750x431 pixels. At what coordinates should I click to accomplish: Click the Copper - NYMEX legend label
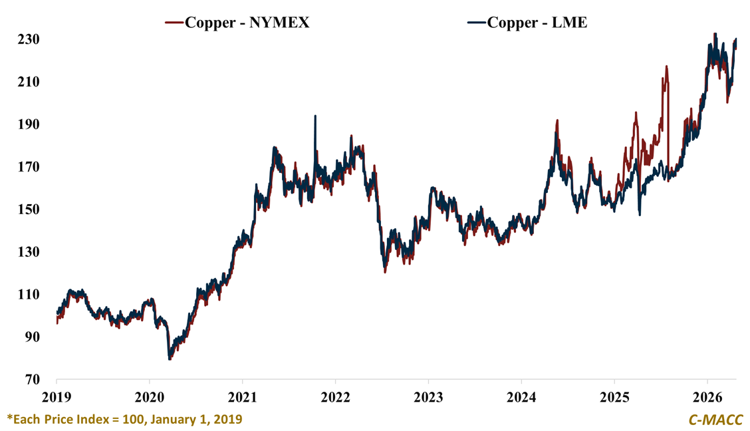point(247,23)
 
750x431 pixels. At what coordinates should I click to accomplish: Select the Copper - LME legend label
point(537,23)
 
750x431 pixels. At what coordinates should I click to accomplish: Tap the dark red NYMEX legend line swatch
point(174,23)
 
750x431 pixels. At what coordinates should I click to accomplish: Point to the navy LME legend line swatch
point(477,23)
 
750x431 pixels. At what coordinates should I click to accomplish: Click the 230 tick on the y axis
point(29,39)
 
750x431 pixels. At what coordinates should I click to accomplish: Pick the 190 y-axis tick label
point(29,124)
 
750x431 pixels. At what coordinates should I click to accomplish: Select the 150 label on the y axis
point(29,210)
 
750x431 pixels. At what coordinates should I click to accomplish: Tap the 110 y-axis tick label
point(29,295)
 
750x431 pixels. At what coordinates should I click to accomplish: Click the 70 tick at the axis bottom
point(33,380)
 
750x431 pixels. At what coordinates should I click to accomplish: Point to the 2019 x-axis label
point(57,397)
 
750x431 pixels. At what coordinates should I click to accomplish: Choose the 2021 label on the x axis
point(243,397)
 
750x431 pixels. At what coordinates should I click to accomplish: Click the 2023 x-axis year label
point(428,397)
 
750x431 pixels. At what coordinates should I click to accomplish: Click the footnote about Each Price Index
point(124,419)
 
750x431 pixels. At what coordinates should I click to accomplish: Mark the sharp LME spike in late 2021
point(315,117)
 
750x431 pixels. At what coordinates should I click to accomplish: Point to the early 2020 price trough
point(170,359)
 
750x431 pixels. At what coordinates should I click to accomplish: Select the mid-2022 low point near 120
point(385,271)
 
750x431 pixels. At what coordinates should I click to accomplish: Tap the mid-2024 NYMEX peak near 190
point(557,121)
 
